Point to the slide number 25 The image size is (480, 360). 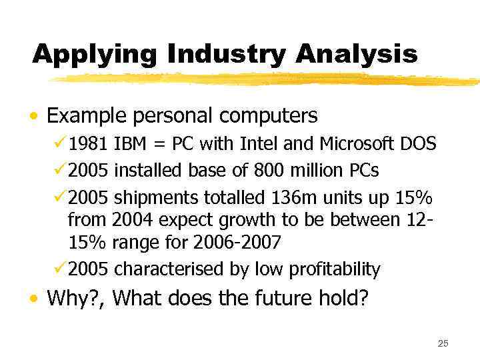tap(443, 343)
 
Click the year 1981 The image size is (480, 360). tap(89, 143)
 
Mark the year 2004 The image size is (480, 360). tap(132, 219)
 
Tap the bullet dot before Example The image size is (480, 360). tap(33, 117)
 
